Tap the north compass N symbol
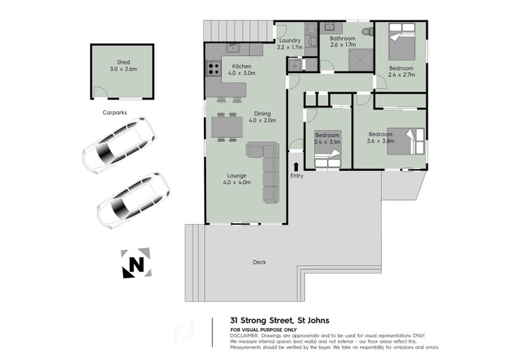pyautogui.click(x=136, y=263)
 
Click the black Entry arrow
pyautogui.click(x=296, y=166)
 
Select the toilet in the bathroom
pyautogui.click(x=367, y=31)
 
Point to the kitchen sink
pyautogui.click(x=233, y=48)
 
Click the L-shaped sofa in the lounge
pyautogui.click(x=266, y=169)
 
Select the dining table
pyautogui.click(x=227, y=127)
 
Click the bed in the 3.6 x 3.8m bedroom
pyautogui.click(x=405, y=141)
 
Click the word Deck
pyautogui.click(x=259, y=263)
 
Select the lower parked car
pyautogui.click(x=133, y=200)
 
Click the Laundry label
pyautogui.click(x=289, y=40)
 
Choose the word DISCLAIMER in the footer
pyautogui.click(x=244, y=335)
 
